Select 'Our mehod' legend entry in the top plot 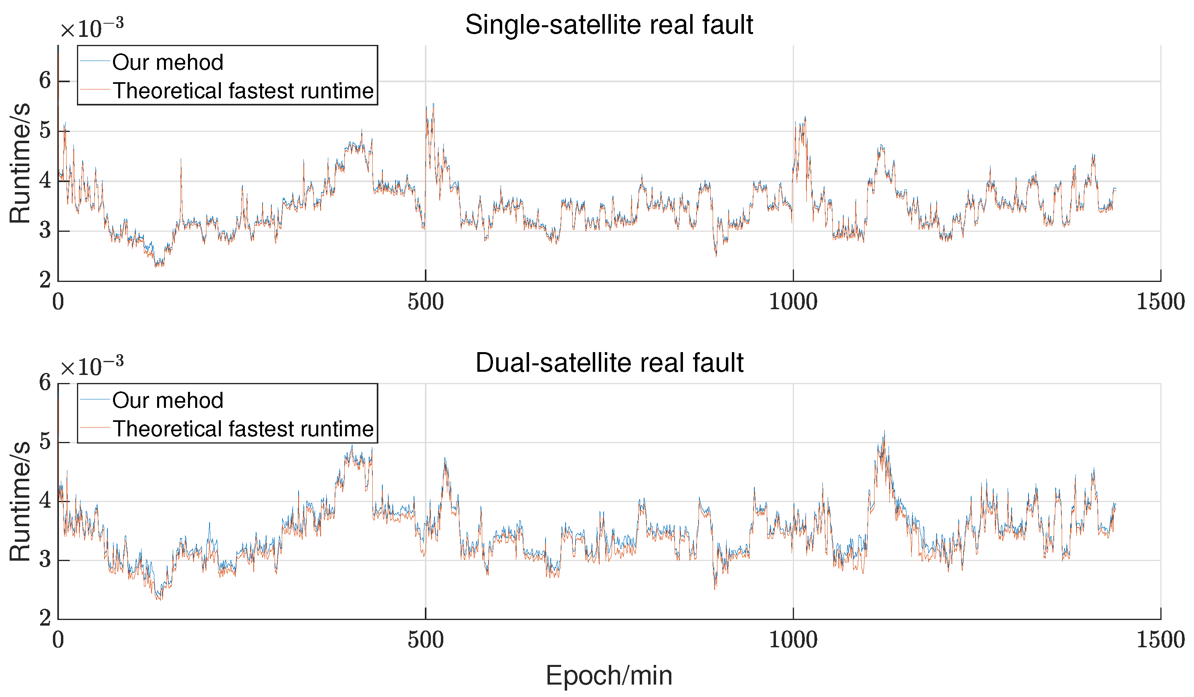tap(167, 63)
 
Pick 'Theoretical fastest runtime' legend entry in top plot tap(243, 91)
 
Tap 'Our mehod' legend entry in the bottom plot tap(167, 401)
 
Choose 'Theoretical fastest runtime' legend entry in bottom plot tap(243, 429)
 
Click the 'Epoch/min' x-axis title tap(609, 675)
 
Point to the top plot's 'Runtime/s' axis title tap(20, 163)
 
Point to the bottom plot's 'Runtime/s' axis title tap(20, 501)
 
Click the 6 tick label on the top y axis tap(45, 81)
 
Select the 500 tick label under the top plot tap(426, 302)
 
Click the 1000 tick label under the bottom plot tap(793, 640)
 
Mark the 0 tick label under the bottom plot tap(58, 640)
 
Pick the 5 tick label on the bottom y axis tap(45, 442)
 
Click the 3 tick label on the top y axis tap(45, 231)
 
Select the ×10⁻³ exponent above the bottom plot tap(91, 366)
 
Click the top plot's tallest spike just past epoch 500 tap(433, 105)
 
